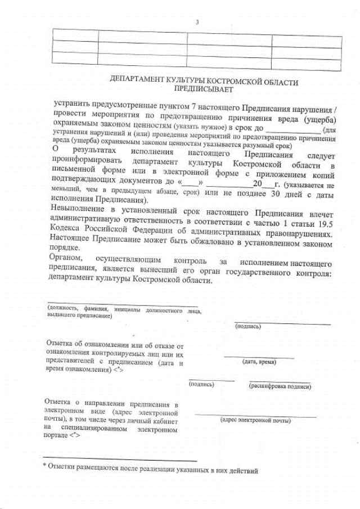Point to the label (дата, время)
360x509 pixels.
(x=259, y=362)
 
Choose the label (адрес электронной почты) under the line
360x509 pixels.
(x=255, y=420)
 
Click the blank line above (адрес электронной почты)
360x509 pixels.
(x=255, y=415)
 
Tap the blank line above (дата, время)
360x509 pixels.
(x=259, y=357)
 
